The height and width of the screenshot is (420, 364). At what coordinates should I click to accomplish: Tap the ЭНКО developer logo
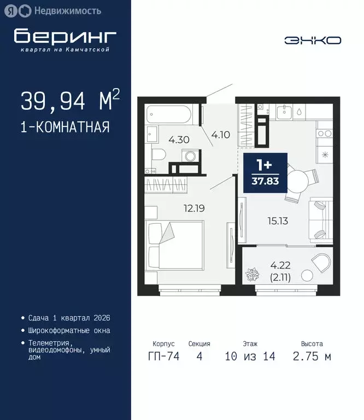[x=313, y=40]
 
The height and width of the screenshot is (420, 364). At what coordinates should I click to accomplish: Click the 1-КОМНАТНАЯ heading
[x=65, y=127]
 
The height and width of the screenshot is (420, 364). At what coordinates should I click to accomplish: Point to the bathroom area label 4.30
[x=179, y=139]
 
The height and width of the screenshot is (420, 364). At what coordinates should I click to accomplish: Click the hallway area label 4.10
[x=220, y=134]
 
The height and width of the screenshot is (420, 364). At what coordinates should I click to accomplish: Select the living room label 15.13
[x=277, y=221]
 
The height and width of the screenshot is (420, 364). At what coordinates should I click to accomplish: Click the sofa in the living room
[x=320, y=220]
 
